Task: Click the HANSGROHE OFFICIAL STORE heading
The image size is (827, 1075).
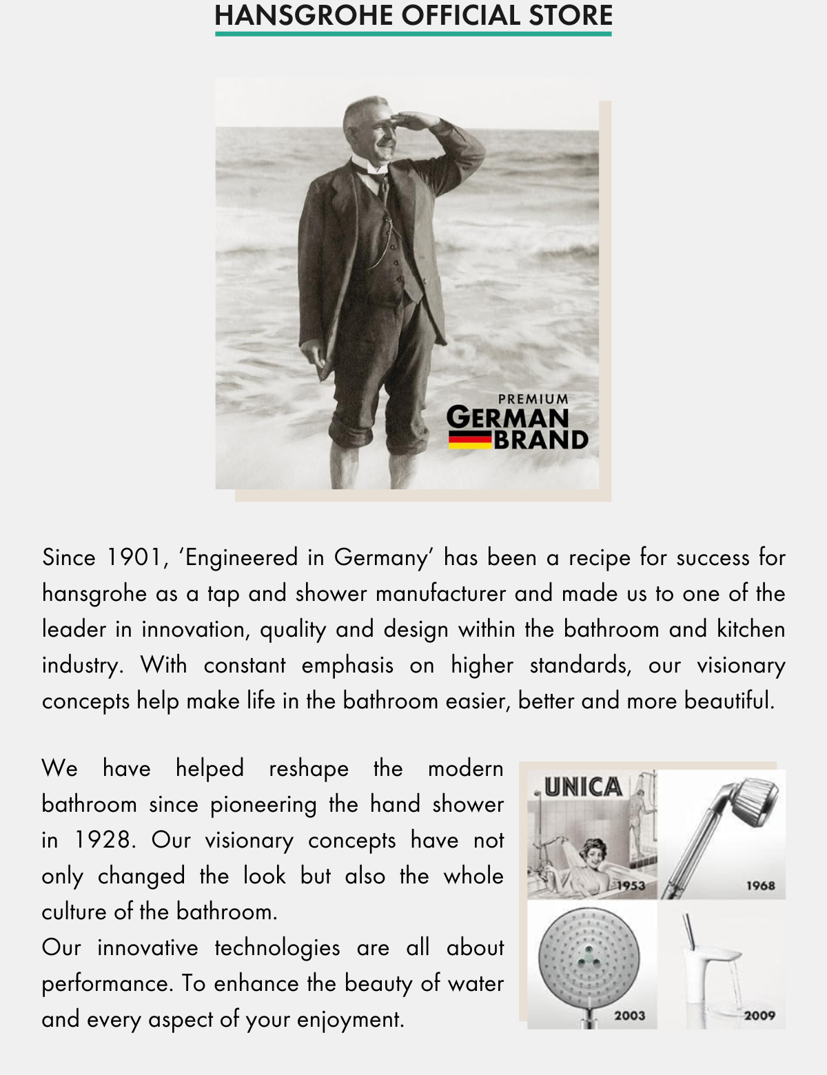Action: (413, 15)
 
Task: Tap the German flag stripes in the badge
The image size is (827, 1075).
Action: (470, 440)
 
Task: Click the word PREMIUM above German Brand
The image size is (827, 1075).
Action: (533, 399)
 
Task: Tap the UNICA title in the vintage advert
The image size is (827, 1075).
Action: (583, 787)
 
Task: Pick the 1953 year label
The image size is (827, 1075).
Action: (631, 885)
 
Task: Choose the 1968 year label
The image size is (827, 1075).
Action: (760, 885)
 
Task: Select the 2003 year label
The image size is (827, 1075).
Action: (629, 1015)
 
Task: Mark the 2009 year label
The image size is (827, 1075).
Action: (759, 1015)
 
